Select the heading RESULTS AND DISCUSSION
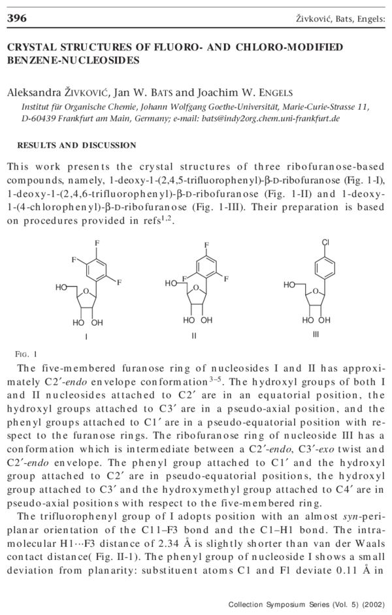tap(76, 145)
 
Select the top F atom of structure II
tap(206, 246)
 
